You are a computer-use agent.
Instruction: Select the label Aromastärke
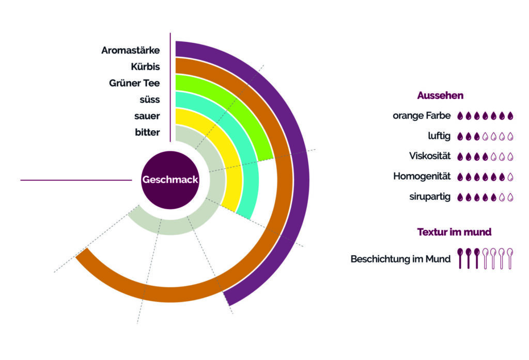pyautogui.click(x=131, y=50)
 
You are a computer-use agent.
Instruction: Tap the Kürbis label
pyautogui.click(x=145, y=67)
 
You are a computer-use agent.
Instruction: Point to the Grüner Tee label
pyautogui.click(x=134, y=83)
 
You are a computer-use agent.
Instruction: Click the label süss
pyautogui.click(x=150, y=100)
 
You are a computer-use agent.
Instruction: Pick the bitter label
pyautogui.click(x=147, y=133)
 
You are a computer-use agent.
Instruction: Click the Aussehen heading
pyautogui.click(x=440, y=96)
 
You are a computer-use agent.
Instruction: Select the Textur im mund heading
pyautogui.click(x=454, y=232)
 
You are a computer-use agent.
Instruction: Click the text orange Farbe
pyautogui.click(x=422, y=116)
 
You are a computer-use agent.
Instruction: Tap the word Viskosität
pyautogui.click(x=430, y=156)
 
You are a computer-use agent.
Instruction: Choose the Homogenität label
pyautogui.click(x=422, y=176)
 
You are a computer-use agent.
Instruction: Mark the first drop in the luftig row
pyautogui.click(x=461, y=136)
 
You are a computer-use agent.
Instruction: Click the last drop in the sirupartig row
pyautogui.click(x=510, y=197)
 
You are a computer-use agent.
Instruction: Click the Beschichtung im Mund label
pyautogui.click(x=400, y=259)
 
